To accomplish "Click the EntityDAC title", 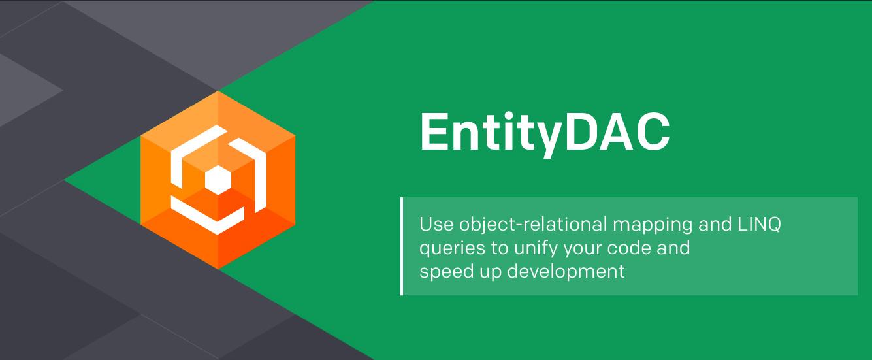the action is pos(545,133).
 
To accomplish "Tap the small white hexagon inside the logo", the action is pos(218,180).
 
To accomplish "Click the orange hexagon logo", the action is pos(218,180).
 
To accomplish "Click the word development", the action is pos(566,272).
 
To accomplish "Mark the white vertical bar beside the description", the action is pos(402,246).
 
